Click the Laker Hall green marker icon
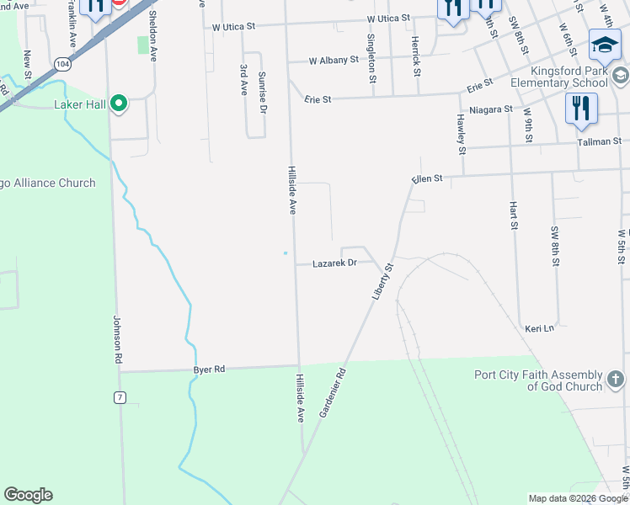(x=120, y=104)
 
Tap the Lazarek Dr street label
(x=335, y=263)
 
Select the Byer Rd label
(x=210, y=369)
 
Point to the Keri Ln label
(x=539, y=328)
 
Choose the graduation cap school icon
(x=605, y=47)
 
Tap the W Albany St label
(x=334, y=61)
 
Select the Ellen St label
(x=428, y=179)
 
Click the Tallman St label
(x=599, y=141)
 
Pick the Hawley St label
(x=462, y=135)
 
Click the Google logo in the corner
(x=28, y=495)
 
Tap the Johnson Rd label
(x=117, y=340)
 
